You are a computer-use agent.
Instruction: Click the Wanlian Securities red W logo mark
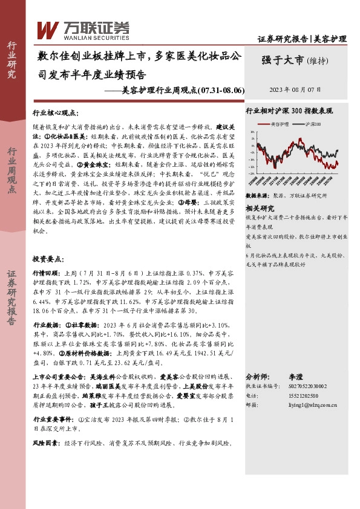[48, 27]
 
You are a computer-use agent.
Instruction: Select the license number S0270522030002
[304, 385]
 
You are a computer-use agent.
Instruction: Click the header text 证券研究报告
[283, 39]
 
